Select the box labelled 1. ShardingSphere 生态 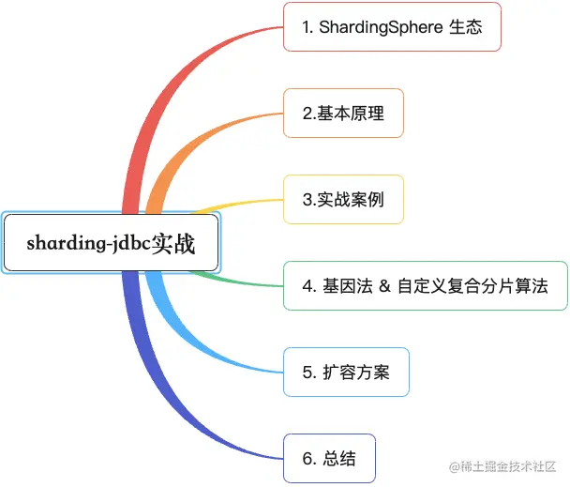[392, 27]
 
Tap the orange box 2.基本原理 [343, 113]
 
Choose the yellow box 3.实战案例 [343, 199]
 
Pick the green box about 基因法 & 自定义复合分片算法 [426, 286]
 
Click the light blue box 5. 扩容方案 [346, 373]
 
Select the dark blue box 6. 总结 [329, 459]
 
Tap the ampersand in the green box [383, 286]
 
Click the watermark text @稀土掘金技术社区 [503, 466]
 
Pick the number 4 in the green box [307, 286]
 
